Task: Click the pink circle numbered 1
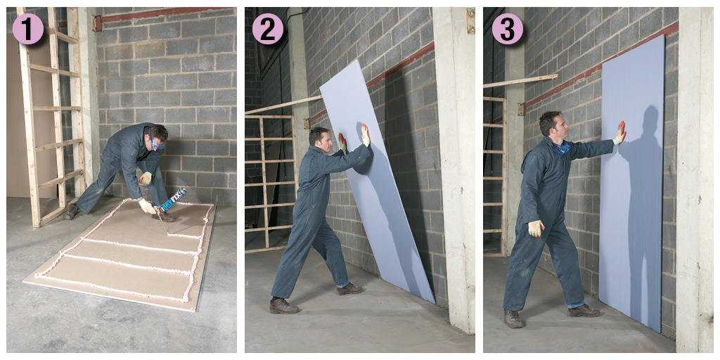tap(28, 28)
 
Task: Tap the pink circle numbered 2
tap(268, 28)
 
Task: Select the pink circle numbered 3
tap(507, 28)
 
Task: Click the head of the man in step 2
tap(320, 139)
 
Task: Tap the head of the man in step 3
tap(551, 125)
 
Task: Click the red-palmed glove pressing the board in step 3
tap(620, 133)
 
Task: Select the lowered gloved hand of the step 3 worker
tap(536, 229)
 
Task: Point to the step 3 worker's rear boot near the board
tap(584, 311)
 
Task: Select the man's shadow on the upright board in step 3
tap(641, 207)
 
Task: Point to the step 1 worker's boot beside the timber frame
tap(71, 211)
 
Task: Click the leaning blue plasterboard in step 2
tap(377, 181)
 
